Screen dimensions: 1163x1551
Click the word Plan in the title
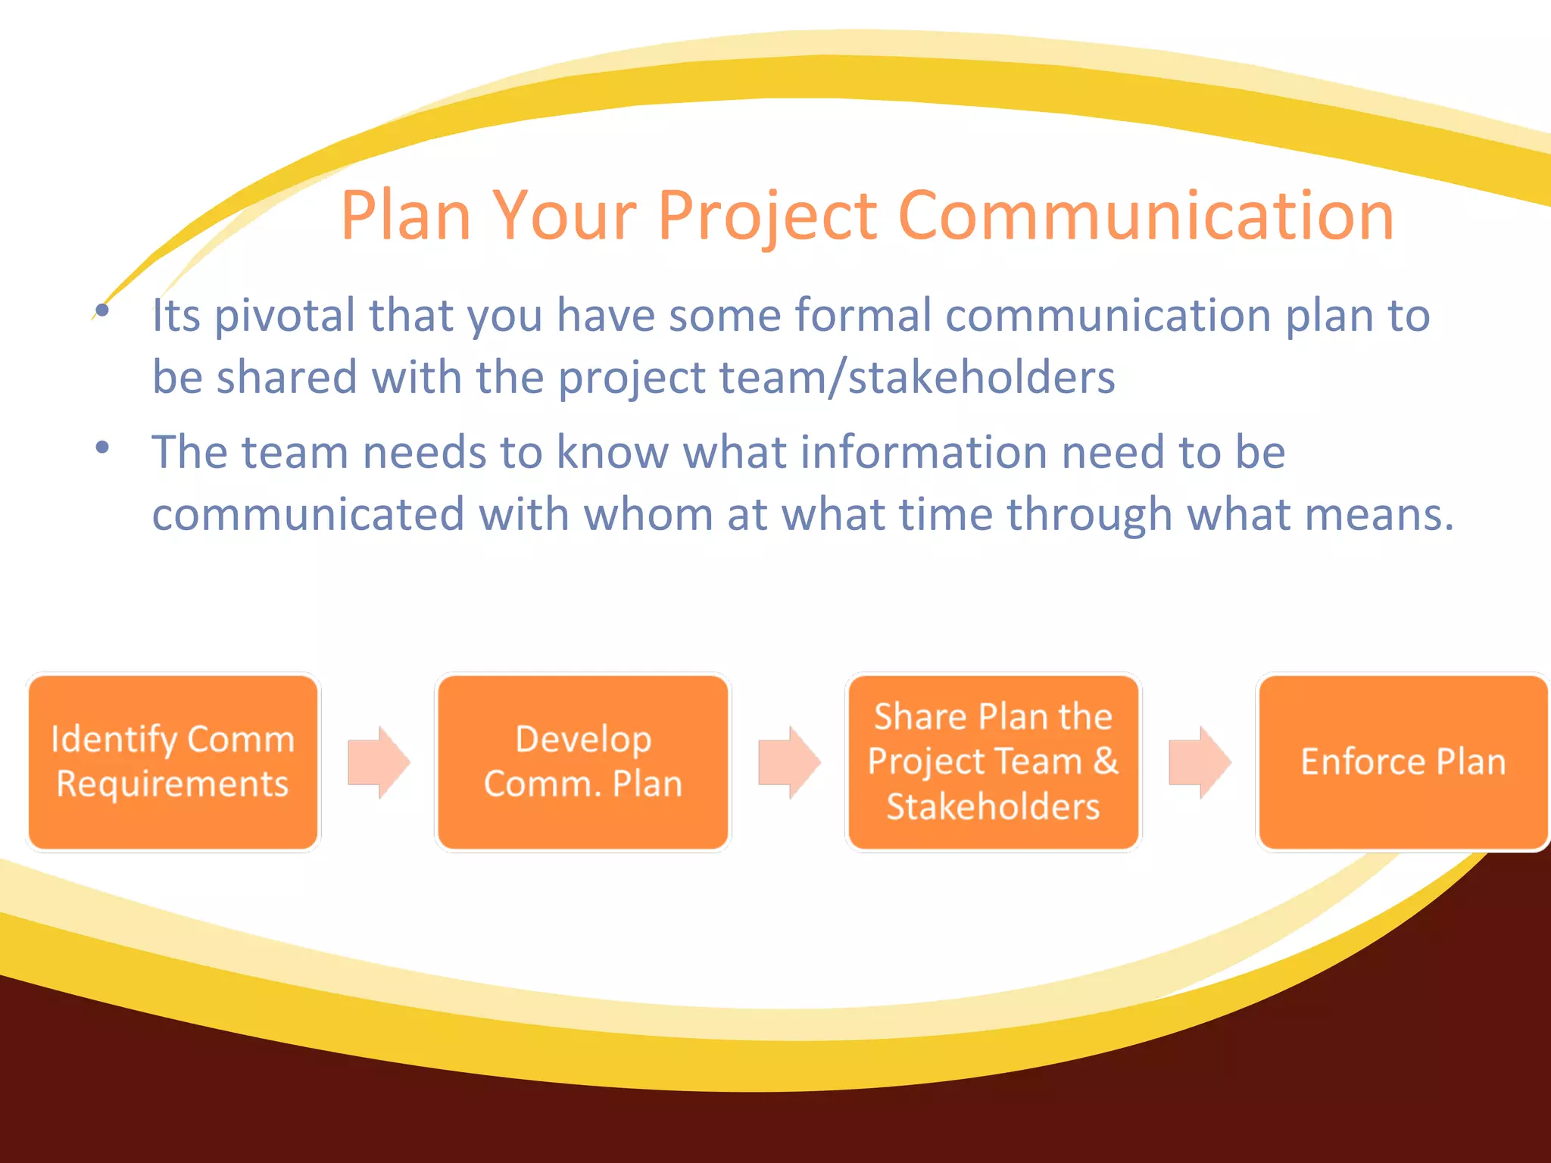pos(406,217)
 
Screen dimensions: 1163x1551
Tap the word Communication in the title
pos(1145,217)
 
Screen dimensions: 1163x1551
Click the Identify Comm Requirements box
pos(173,762)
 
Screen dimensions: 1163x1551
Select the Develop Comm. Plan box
pos(583,762)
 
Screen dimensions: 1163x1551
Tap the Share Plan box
pos(993,762)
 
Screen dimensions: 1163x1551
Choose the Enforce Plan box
pos(1403,762)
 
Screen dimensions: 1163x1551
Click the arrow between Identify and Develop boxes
pos(379,762)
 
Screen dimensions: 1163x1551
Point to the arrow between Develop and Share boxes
pos(789,762)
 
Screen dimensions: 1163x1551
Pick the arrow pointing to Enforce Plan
pos(1200,762)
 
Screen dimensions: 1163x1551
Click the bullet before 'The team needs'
pos(103,447)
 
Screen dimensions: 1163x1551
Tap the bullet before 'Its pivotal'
pos(103,310)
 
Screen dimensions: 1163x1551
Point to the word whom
pos(648,515)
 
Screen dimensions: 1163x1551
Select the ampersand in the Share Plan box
pos(1106,761)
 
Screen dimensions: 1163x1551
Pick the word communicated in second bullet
pos(307,515)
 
